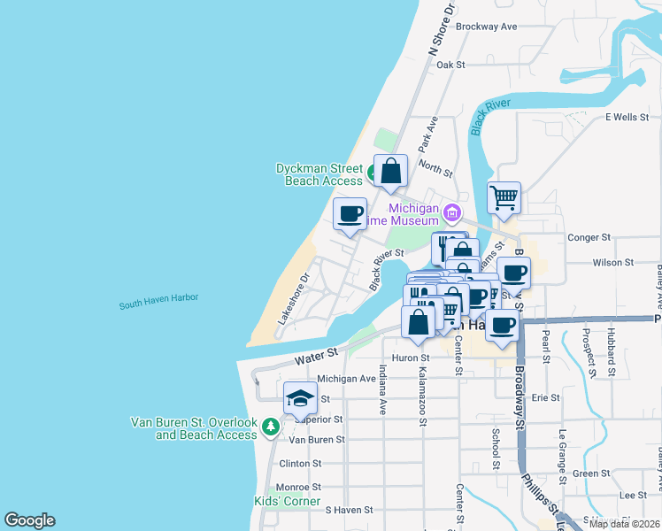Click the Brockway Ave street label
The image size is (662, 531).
(487, 27)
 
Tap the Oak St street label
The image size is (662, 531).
(450, 65)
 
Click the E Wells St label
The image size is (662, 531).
(627, 117)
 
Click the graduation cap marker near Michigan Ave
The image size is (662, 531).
(300, 398)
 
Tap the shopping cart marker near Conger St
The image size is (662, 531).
(504, 198)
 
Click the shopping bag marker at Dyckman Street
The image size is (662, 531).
(390, 171)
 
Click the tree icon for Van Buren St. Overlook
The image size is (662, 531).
(270, 427)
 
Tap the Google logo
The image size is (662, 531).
(29, 520)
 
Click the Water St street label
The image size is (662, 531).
(317, 356)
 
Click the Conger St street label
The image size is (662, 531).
(589, 237)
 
